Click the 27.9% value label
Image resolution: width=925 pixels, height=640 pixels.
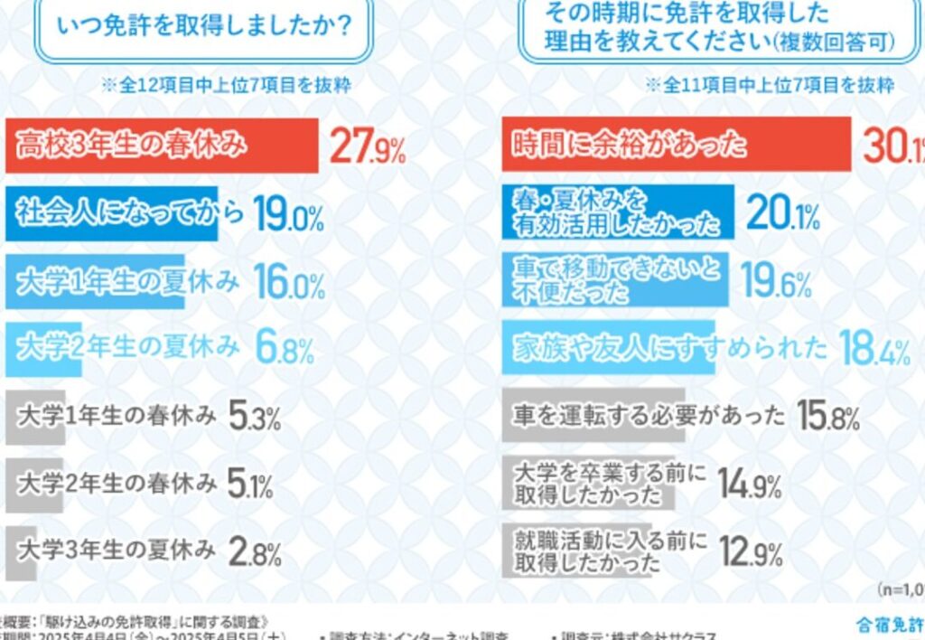pos(367,146)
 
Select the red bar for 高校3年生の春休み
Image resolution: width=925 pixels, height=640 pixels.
pos(163,145)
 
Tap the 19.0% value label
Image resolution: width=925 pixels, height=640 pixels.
pos(288,214)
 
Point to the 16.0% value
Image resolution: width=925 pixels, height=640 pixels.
pos(288,283)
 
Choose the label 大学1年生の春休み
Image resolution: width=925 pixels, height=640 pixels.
pos(117,417)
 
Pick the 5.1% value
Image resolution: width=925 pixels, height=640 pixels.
pos(251,485)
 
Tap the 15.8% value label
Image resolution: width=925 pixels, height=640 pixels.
pos(827,417)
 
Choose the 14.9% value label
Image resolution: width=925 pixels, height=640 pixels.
pos(750,485)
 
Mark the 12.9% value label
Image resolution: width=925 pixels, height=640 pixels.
pos(750,551)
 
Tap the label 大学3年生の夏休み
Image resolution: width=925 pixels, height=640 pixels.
pos(117,549)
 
